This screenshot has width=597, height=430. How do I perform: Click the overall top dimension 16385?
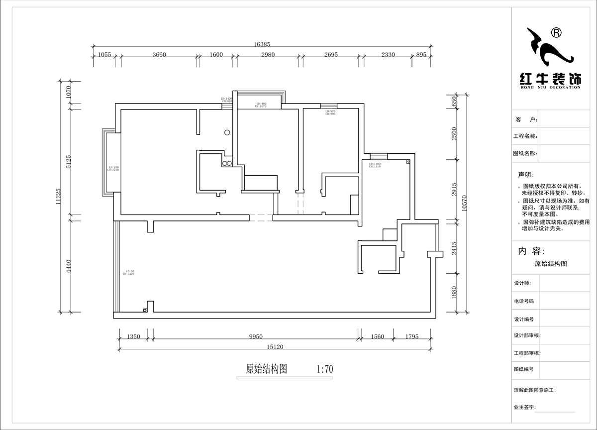(x=262, y=44)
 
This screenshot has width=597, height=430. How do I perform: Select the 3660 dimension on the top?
(x=159, y=55)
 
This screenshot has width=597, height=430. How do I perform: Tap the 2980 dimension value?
(x=268, y=55)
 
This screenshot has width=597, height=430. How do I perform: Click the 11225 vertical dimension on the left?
(x=58, y=196)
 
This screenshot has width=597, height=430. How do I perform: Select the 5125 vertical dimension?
(x=70, y=160)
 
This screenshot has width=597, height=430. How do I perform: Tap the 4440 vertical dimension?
(x=70, y=266)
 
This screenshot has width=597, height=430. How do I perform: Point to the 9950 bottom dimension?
(x=255, y=337)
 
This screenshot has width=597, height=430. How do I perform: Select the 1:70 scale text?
(x=324, y=369)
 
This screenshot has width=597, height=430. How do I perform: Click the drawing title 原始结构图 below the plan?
(x=267, y=369)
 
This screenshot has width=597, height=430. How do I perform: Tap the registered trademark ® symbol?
(x=557, y=33)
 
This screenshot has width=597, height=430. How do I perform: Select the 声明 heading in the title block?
(x=525, y=175)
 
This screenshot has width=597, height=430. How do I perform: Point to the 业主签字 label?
(x=525, y=407)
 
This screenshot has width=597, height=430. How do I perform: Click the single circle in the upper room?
(x=227, y=132)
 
